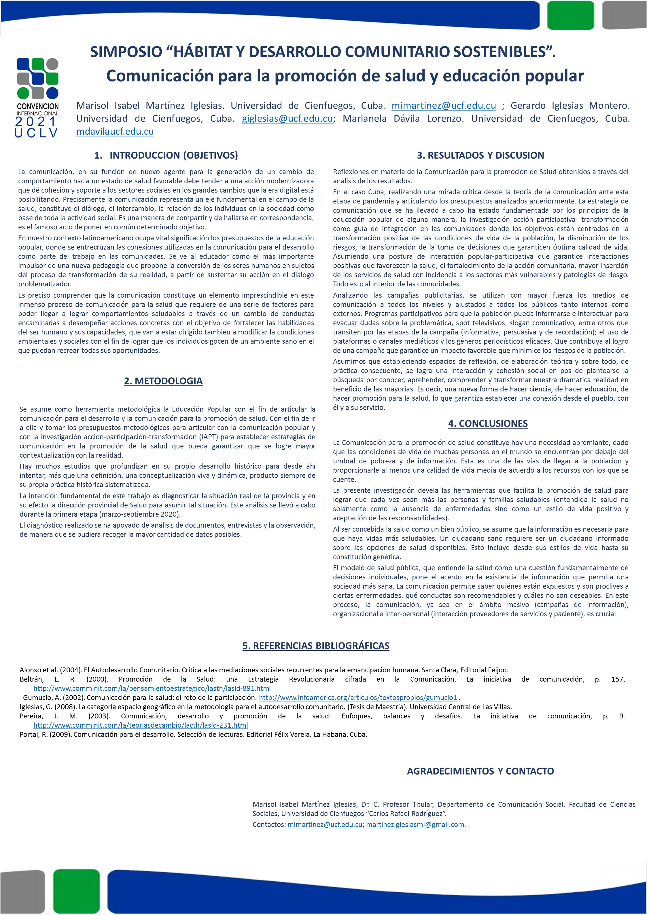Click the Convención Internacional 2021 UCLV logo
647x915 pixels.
37,98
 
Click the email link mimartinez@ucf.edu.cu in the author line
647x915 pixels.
444,106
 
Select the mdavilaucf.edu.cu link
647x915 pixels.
115,132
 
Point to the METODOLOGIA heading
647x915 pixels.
163,381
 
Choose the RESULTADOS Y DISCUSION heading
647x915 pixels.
480,155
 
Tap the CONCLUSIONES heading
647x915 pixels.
487,424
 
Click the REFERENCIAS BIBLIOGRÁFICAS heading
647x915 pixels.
315,646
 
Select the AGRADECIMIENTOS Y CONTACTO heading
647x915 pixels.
480,771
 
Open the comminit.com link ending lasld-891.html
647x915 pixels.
152,688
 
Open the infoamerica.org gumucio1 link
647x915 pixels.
358,697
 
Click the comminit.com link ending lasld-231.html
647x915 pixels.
140,725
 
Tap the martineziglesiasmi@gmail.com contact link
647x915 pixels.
415,825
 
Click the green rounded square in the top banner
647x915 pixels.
570,15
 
